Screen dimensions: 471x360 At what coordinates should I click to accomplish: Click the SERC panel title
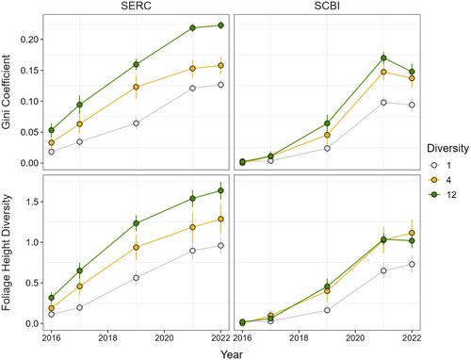[136, 6]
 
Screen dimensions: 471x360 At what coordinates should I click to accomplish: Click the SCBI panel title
[327, 6]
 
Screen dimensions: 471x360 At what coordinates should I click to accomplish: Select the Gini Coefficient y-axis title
[6, 92]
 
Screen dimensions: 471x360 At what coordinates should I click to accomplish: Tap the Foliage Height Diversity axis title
[6, 253]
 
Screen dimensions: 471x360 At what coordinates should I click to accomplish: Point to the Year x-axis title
[232, 354]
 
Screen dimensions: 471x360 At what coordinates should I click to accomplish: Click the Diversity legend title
[447, 148]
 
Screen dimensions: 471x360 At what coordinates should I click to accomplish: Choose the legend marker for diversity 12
[434, 195]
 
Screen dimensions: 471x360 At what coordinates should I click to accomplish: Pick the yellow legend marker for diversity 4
[434, 180]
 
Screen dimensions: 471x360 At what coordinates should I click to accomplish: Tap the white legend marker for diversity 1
[434, 165]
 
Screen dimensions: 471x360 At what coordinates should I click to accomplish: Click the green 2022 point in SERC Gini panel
[220, 25]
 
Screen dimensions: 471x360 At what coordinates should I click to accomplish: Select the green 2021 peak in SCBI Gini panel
[383, 57]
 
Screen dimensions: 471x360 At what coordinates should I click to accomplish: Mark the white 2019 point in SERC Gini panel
[136, 123]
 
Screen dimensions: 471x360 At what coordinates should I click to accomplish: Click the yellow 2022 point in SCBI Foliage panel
[412, 233]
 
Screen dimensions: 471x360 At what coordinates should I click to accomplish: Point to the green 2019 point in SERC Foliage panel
[136, 223]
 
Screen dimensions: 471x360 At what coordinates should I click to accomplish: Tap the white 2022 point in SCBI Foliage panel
[412, 265]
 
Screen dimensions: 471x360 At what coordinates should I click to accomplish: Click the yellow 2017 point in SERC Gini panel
[80, 124]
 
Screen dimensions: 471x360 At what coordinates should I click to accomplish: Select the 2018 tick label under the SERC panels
[108, 338]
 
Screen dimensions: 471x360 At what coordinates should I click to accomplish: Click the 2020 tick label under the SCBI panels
[355, 338]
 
